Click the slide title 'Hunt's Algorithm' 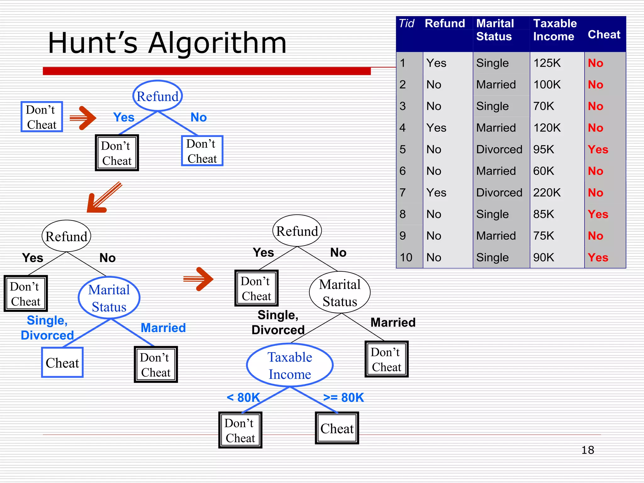167,43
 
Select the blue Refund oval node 158,96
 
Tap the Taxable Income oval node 290,365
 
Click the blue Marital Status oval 109,298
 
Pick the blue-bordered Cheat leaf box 62,363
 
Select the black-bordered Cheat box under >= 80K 337,428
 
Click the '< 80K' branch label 243,397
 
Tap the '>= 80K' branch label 343,397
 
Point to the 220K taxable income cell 547,192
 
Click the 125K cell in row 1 547,63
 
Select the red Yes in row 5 598,149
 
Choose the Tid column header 406,24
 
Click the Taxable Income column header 555,30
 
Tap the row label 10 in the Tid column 406,257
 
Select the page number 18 587,450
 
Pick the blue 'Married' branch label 163,328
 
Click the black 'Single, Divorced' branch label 278,322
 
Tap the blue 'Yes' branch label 124,117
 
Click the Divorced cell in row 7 499,192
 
